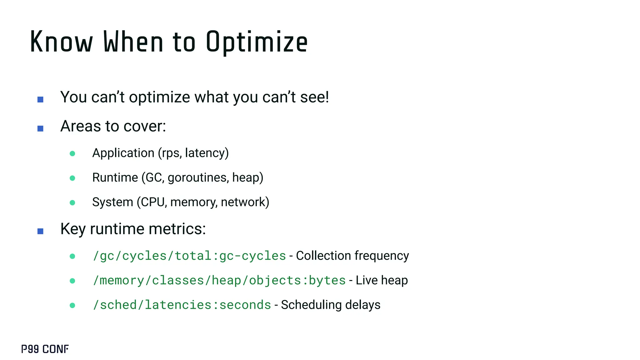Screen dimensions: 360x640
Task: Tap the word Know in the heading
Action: (61, 42)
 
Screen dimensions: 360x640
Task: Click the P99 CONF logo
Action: (45, 349)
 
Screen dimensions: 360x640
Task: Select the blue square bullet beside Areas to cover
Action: (40, 128)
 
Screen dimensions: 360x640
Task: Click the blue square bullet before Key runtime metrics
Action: (40, 231)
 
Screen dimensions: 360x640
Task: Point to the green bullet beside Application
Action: (72, 153)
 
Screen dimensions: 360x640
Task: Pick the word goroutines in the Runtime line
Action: (198, 178)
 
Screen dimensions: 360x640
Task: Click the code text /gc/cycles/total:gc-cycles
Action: (189, 256)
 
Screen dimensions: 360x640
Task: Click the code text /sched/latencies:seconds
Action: (182, 305)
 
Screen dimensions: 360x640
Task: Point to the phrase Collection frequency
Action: (352, 256)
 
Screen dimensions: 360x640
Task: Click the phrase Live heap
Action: (382, 280)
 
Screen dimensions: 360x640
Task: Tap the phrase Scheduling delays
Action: (331, 305)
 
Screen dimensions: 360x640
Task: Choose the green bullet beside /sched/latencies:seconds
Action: (72, 305)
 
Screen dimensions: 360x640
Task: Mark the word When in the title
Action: (133, 42)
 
